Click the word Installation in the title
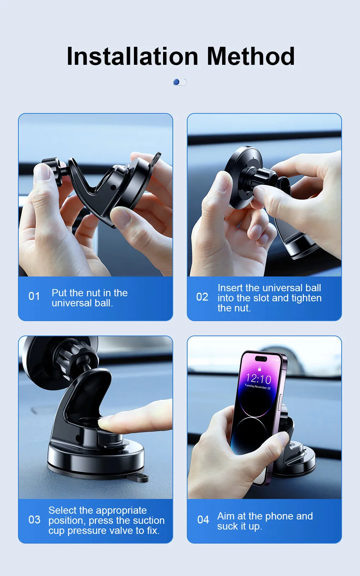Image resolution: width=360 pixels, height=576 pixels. click(132, 56)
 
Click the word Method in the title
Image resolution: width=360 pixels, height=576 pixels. click(251, 56)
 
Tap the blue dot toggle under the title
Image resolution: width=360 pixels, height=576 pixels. click(179, 82)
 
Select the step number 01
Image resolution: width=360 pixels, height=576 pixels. click(34, 296)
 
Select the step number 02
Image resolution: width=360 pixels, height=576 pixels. click(202, 297)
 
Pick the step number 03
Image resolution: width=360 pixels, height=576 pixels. click(35, 520)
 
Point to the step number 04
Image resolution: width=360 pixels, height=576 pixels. click(203, 520)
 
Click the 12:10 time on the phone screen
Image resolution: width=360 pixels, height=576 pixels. click(258, 378)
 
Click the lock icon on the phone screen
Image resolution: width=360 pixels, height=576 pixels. click(260, 369)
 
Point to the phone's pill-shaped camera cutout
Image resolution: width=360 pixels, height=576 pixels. click(261, 359)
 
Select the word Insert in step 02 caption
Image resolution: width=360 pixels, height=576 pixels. click(230, 288)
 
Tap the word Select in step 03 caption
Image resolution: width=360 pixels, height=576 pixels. click(61, 510)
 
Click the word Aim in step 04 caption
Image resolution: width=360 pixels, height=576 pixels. click(226, 516)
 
